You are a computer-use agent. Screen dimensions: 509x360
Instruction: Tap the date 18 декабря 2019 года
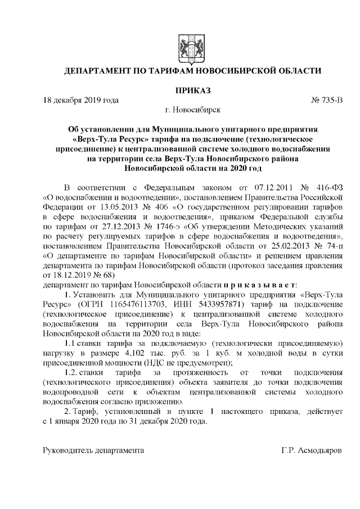pyautogui.click(x=81, y=101)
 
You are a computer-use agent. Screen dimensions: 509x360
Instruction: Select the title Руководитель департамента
pyautogui.click(x=93, y=451)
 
